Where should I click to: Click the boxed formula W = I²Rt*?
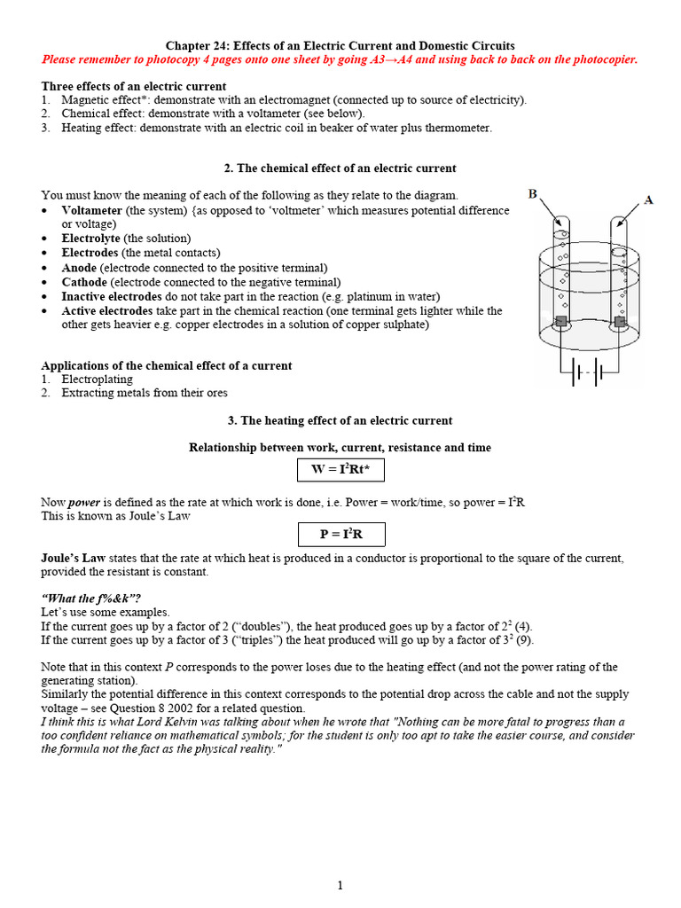[x=340, y=470]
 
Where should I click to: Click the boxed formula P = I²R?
[x=340, y=534]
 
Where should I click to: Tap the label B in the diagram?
[x=533, y=193]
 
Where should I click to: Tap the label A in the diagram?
[x=648, y=200]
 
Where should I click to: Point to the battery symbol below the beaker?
[x=588, y=373]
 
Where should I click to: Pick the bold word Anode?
[x=79, y=268]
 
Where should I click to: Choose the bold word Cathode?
[x=84, y=282]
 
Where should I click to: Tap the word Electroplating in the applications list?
[x=97, y=379]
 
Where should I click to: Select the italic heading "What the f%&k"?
[x=90, y=599]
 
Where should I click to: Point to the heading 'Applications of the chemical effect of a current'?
[x=167, y=365]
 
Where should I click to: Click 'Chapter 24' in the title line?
[x=197, y=45]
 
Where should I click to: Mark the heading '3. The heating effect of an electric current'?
[x=340, y=420]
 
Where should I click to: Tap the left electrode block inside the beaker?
[x=560, y=320]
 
